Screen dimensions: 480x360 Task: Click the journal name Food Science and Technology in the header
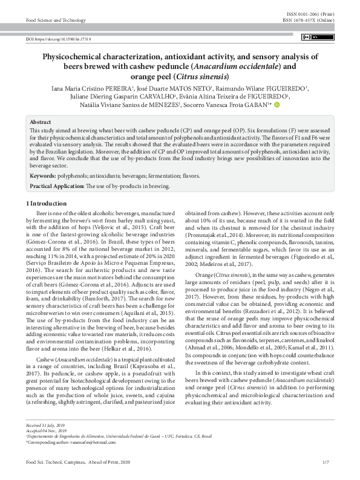pyautogui.click(x=56, y=20)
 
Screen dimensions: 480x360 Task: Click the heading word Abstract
pyautogui.click(x=41, y=122)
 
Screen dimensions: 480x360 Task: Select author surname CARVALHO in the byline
pyautogui.click(x=154, y=96)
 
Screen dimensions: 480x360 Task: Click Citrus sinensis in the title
pyautogui.click(x=207, y=77)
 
